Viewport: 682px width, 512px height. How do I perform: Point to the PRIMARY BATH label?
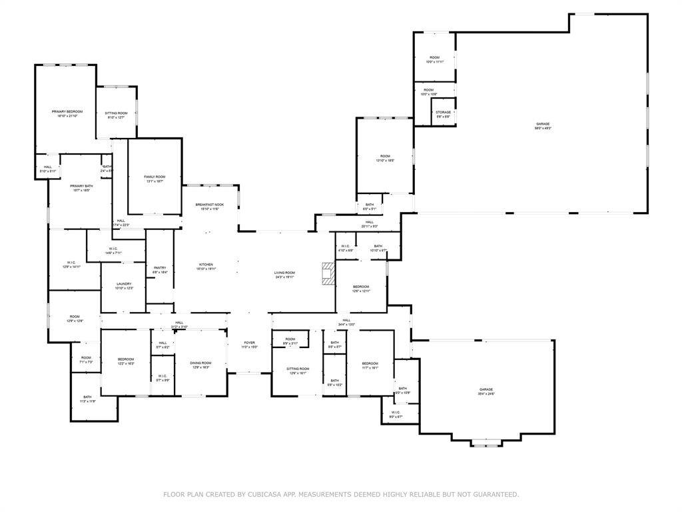click(x=81, y=188)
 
